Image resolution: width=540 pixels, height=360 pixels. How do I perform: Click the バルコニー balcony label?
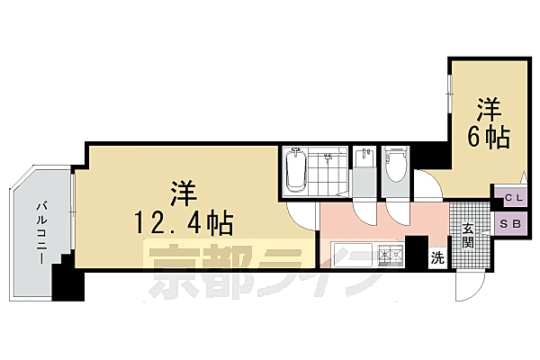(x=41, y=230)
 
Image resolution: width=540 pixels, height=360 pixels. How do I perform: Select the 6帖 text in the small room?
(x=489, y=138)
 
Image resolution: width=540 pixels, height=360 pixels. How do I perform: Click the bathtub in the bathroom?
(x=296, y=170)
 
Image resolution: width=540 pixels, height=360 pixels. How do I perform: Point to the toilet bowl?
(x=395, y=166)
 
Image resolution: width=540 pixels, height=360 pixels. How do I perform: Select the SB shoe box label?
(x=508, y=223)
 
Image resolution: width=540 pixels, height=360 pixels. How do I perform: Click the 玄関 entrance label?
(x=468, y=236)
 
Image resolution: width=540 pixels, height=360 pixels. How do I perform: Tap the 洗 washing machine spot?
(x=436, y=257)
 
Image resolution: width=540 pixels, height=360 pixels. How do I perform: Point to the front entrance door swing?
(x=469, y=284)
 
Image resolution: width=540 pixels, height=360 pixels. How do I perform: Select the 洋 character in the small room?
(x=489, y=110)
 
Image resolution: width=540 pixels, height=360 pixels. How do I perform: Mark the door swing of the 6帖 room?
(x=431, y=185)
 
